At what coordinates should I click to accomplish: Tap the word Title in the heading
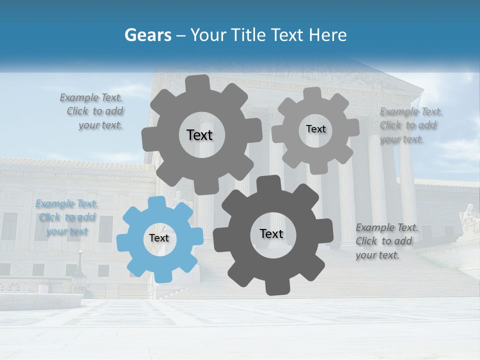[249, 35]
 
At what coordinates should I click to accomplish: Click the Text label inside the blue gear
[159, 238]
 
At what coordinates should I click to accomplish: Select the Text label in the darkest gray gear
[271, 234]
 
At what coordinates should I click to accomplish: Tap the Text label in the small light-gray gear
[315, 129]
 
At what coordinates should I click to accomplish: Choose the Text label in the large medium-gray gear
[199, 135]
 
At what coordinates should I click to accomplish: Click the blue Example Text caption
[67, 217]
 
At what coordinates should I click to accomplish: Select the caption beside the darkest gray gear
[386, 241]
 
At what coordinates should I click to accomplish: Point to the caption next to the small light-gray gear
[411, 125]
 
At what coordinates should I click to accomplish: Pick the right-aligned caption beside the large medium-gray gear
[92, 111]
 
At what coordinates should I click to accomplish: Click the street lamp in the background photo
[79, 265]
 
